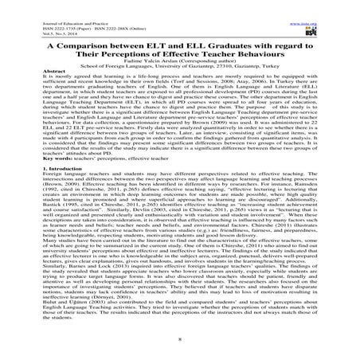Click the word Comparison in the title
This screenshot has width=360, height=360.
pyautogui.click(x=88, y=46)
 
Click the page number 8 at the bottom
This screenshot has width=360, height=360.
pyautogui.click(x=180, y=342)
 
